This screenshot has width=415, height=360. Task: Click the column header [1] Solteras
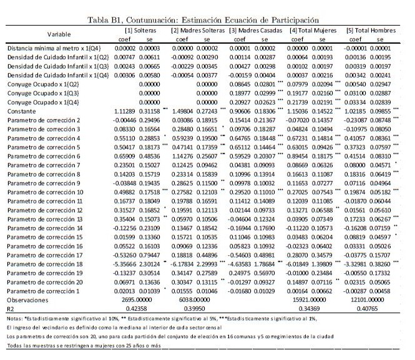coord(141,30)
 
